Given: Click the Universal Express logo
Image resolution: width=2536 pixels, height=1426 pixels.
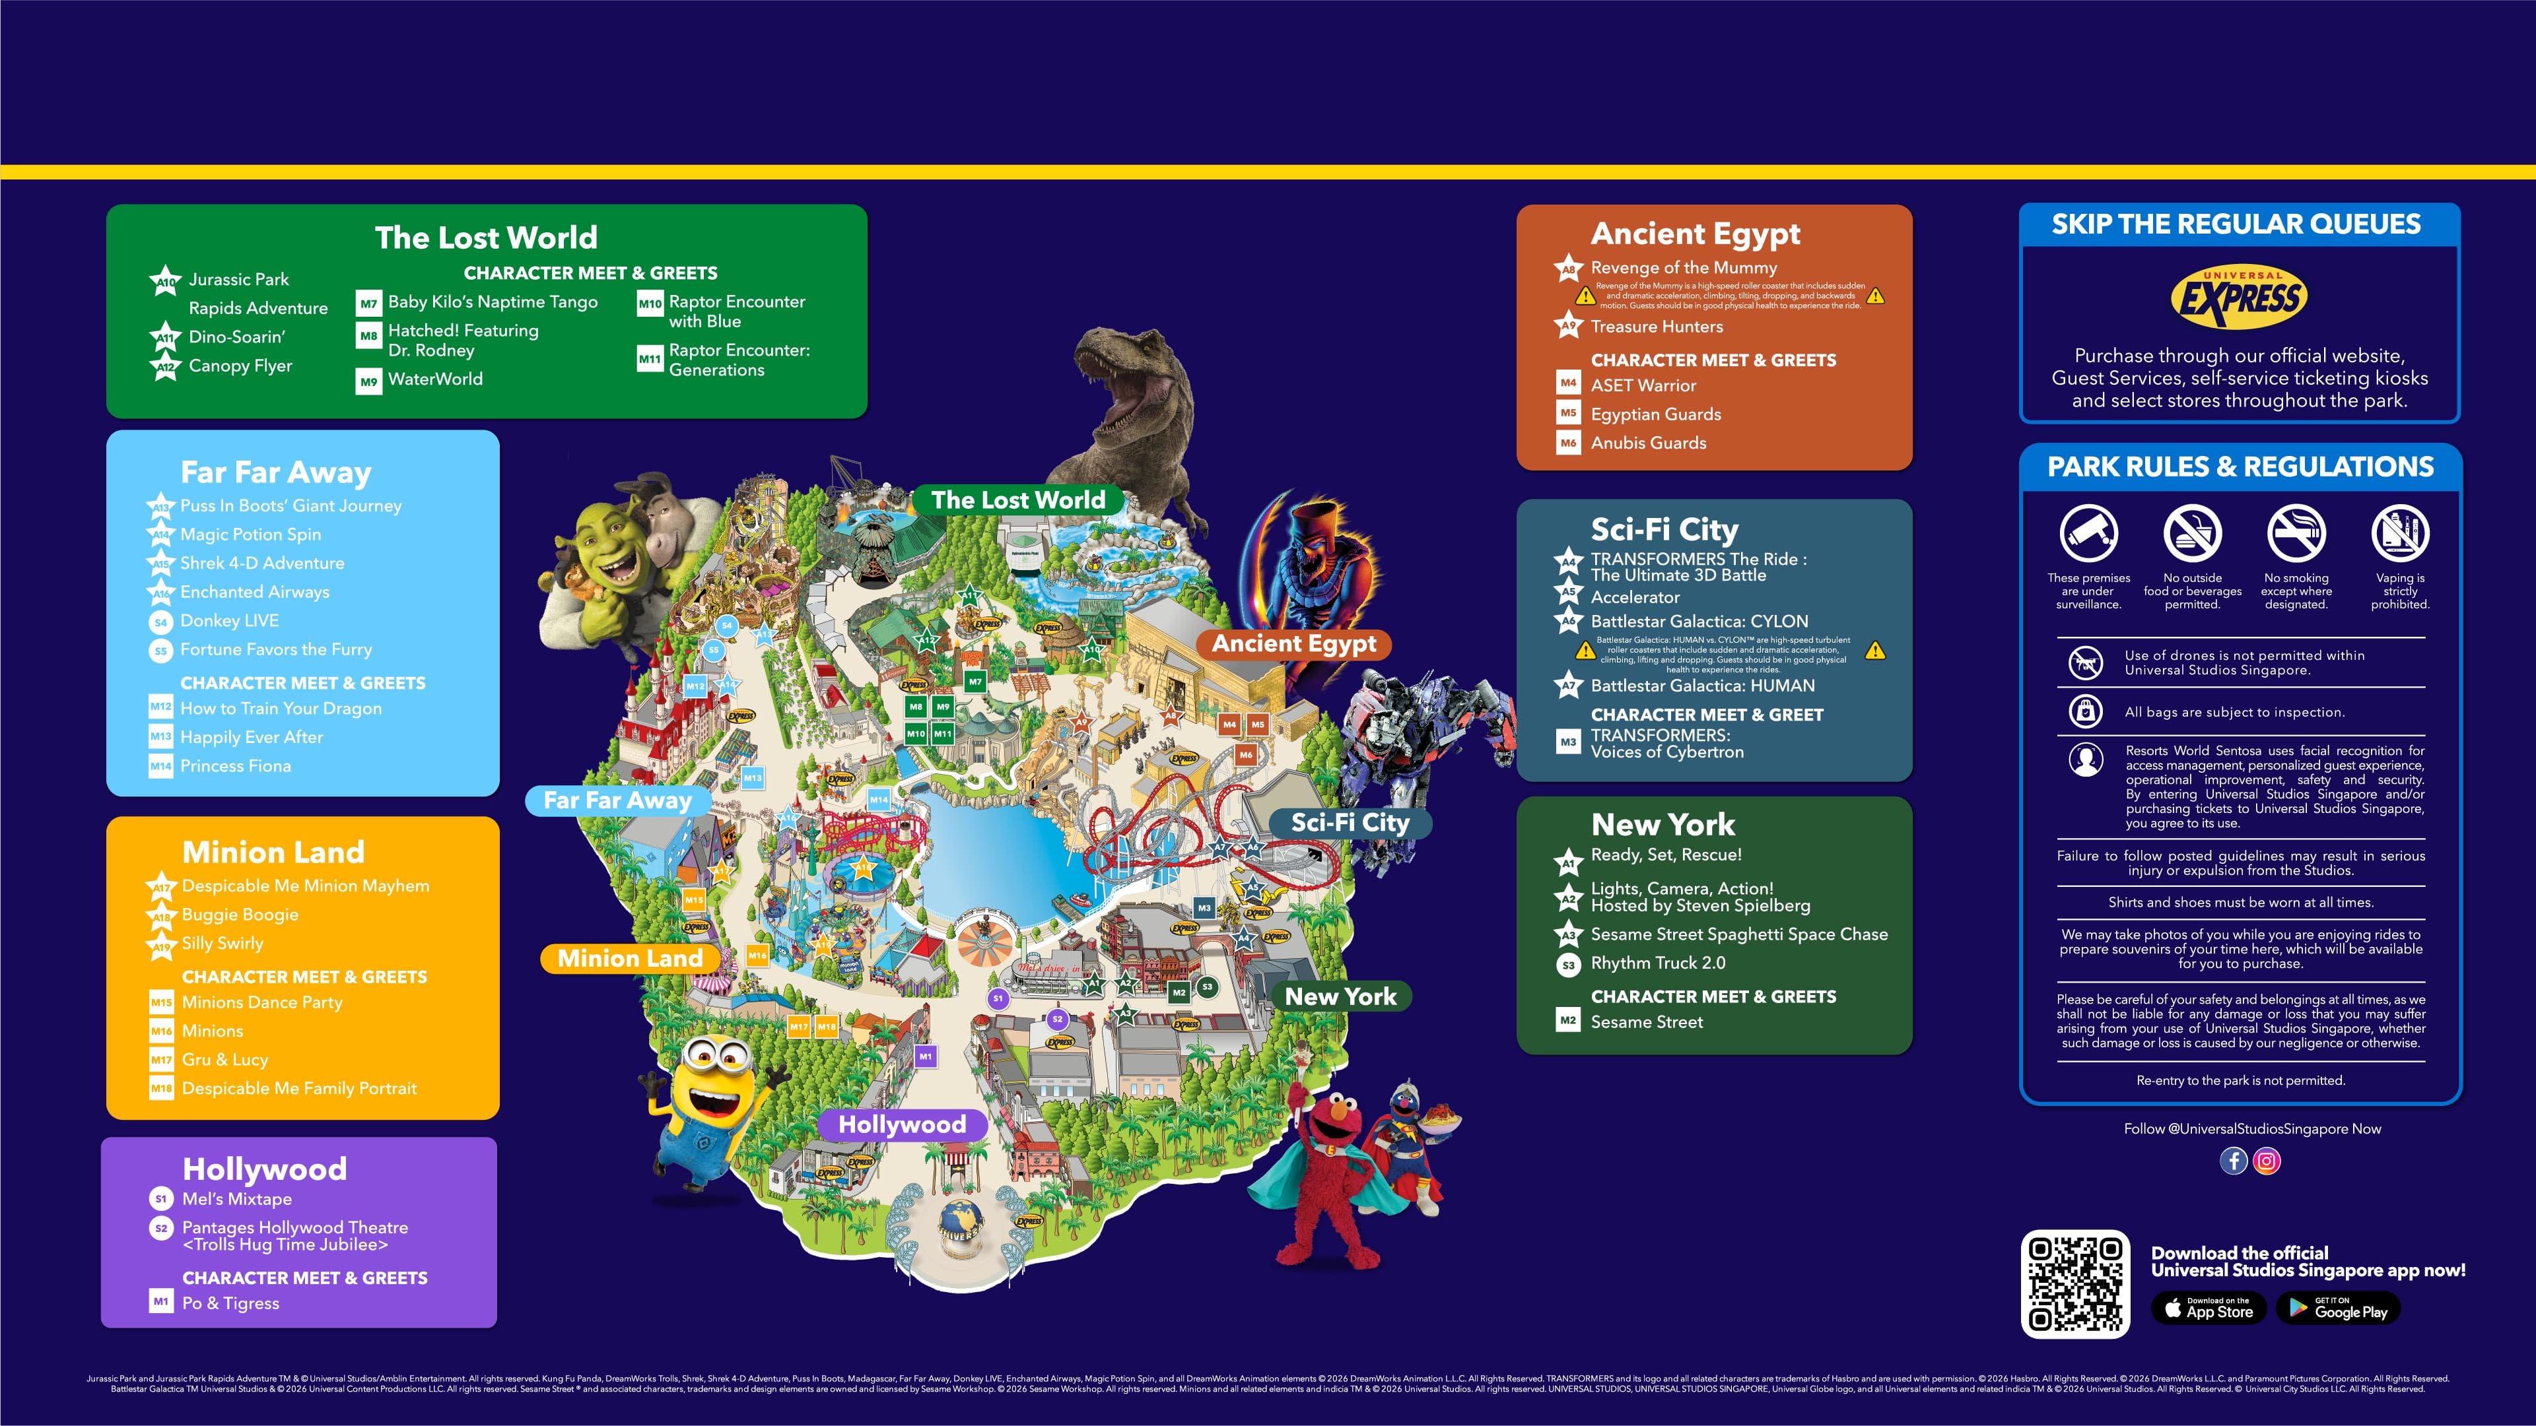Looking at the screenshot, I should coord(2239,297).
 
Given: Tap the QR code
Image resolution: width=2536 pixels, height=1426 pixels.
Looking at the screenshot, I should coord(2075,1284).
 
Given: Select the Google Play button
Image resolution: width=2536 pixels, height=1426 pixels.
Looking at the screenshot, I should coord(2337,1308).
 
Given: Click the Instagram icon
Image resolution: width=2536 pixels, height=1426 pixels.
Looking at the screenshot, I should coord(2266,1161).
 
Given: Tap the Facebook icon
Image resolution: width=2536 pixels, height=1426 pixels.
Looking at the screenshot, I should coord(2233,1161).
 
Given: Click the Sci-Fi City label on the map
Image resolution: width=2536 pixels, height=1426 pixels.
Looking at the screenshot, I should coord(1350,823).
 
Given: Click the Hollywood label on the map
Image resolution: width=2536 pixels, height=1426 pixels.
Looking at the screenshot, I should coord(902,1124).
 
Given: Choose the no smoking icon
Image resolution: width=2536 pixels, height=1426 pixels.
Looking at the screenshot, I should coord(2296,533).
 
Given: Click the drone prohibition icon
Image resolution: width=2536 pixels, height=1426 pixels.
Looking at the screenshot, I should coord(2085,663).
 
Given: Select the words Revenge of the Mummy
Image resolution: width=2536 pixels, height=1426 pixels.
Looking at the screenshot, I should coord(1684,268).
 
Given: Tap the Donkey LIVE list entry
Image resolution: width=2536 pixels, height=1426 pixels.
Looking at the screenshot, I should coord(229,621).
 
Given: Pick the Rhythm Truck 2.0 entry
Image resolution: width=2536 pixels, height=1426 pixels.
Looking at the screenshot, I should coord(1658,963).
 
